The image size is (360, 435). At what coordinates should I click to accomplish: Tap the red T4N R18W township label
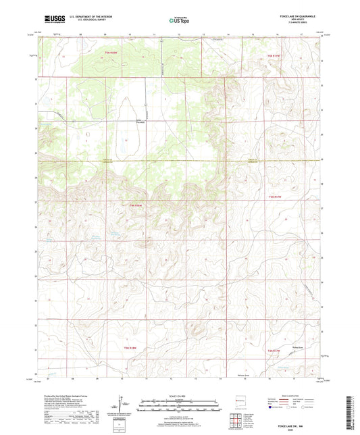134,205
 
